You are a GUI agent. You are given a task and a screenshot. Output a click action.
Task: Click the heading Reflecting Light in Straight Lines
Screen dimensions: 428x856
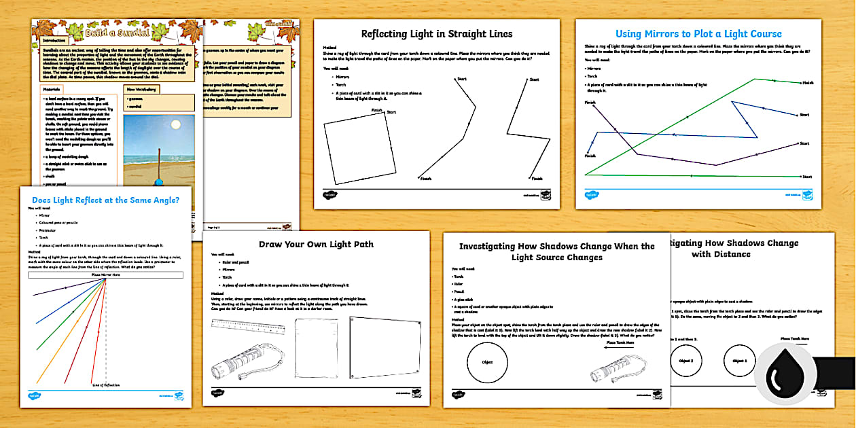436,34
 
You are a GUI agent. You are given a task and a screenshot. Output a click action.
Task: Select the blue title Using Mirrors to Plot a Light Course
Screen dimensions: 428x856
698,34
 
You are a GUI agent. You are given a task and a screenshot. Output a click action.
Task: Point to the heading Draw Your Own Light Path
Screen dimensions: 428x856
316,244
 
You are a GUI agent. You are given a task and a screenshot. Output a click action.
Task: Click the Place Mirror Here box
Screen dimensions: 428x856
106,275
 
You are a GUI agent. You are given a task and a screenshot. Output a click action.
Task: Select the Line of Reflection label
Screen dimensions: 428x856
106,385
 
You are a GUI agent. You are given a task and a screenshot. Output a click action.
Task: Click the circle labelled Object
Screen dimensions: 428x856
486,363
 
